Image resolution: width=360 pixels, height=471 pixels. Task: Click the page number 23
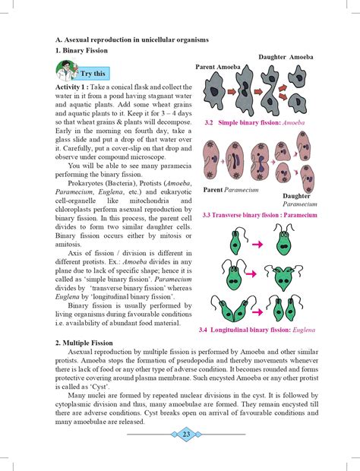(x=186, y=434)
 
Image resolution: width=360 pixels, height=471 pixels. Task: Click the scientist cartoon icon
(x=67, y=71)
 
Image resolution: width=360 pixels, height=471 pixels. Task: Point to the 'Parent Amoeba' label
(x=218, y=67)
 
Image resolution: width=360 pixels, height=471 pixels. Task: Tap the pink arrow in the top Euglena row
(x=257, y=245)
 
